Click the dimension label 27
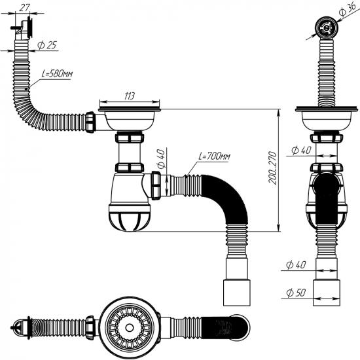click(24, 8)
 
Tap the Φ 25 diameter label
click(47, 45)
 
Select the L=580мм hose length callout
click(57, 74)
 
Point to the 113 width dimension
click(129, 96)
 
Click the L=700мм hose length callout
click(214, 156)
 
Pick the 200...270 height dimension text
click(272, 168)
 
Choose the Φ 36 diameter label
click(347, 10)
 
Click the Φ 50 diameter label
click(296, 293)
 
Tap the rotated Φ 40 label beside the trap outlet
click(160, 158)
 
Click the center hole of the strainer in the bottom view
click(129, 328)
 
